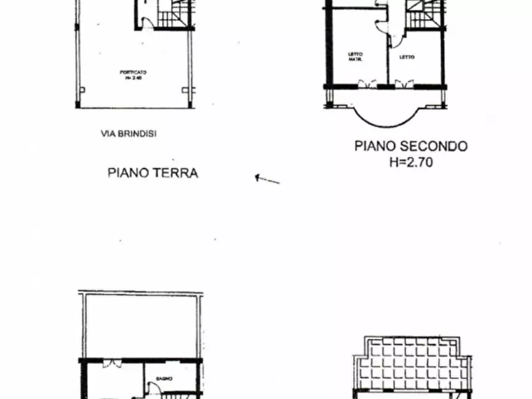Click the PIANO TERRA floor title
pos(153,173)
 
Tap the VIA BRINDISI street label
pos(128,135)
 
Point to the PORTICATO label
pos(133,74)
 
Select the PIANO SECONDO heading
pos(411,146)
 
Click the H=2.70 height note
pos(411,160)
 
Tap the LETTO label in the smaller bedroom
pos(407,57)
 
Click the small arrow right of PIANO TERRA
pos(267,179)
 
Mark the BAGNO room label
pos(164,378)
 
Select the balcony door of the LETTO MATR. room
pos(368,84)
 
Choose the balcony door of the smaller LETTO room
pos(404,84)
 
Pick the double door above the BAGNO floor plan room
pos(109,364)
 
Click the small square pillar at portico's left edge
pos(82,91)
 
